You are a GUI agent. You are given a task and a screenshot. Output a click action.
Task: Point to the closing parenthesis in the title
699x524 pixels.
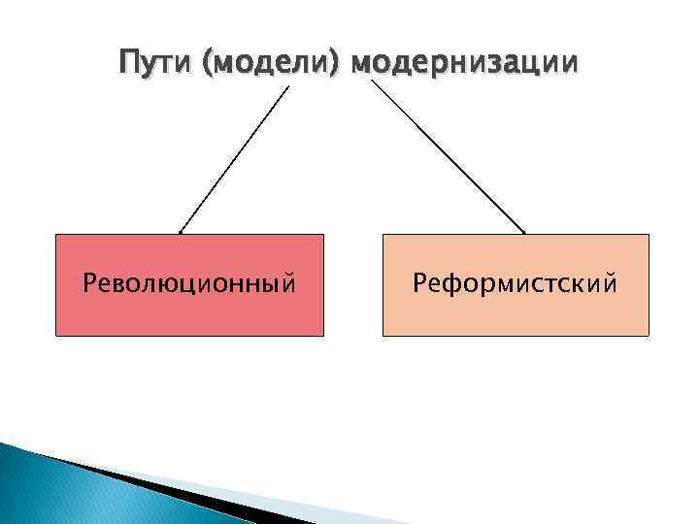(340, 64)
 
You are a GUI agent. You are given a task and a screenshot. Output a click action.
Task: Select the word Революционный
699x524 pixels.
(189, 284)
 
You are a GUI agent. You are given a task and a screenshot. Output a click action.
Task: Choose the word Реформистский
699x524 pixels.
(516, 284)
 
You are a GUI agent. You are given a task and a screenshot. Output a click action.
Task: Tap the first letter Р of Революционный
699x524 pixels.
(89, 284)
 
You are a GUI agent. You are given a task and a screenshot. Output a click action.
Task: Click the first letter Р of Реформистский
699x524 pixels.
(418, 284)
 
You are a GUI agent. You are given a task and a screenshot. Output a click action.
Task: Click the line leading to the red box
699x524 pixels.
(235, 159)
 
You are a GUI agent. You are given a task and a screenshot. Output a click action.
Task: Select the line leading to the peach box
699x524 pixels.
(449, 157)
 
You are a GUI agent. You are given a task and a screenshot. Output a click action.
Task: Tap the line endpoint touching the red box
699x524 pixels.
(181, 233)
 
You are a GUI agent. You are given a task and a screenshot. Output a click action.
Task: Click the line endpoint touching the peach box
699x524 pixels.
(524, 233)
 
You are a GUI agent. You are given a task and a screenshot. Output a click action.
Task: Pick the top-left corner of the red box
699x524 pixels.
(56, 235)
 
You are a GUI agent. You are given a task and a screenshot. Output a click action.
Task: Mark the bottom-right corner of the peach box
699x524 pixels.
(648, 336)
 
